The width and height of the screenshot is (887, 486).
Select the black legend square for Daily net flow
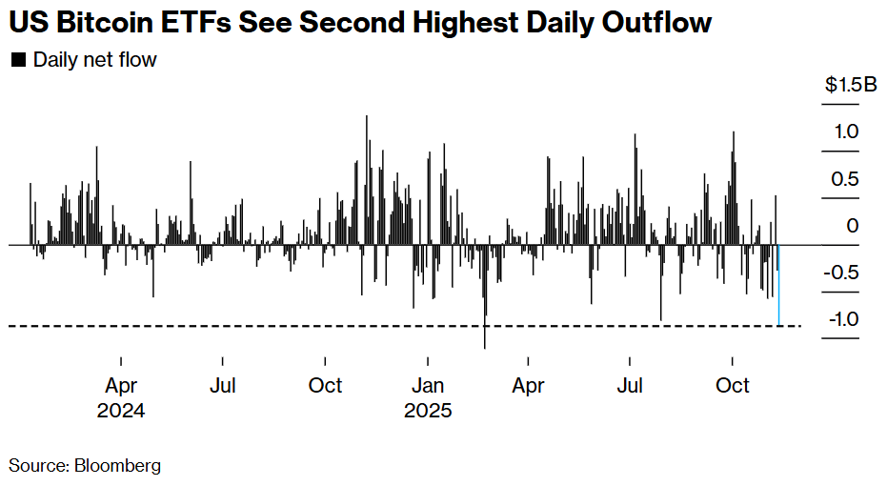tap(17, 61)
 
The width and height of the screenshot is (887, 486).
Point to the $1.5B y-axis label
tap(851, 86)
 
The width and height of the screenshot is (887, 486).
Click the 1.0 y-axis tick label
tap(847, 132)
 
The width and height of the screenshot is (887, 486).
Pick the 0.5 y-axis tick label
tap(847, 178)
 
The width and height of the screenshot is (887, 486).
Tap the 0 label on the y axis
tap(853, 226)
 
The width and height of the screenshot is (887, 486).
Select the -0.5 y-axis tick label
tap(844, 273)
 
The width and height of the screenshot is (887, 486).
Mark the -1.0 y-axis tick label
tap(844, 319)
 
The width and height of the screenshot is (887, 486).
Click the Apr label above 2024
tap(121, 386)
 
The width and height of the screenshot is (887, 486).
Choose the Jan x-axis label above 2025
tap(428, 386)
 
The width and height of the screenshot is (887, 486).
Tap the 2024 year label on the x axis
tap(121, 412)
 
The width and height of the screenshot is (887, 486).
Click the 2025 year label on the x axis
tap(428, 412)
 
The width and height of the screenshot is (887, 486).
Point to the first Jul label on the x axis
tap(222, 386)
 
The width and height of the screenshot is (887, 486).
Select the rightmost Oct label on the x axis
tap(733, 386)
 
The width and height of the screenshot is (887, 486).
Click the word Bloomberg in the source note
tap(118, 466)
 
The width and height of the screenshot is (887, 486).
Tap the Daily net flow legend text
tap(95, 61)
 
